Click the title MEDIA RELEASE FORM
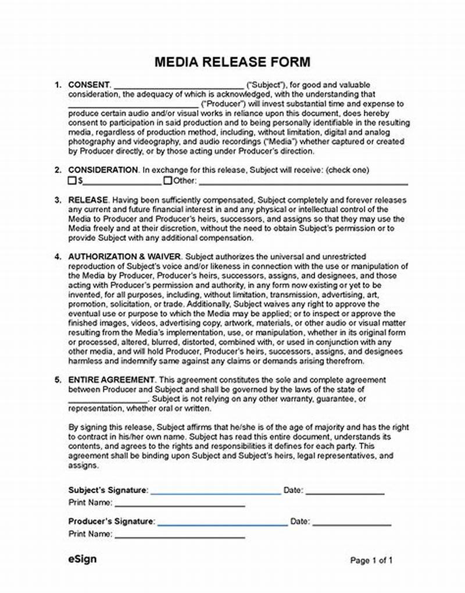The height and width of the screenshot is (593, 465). (x=233, y=62)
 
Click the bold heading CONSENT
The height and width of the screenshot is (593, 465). (x=89, y=85)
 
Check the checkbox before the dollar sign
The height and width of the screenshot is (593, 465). (x=73, y=180)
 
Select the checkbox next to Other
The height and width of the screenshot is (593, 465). (x=167, y=180)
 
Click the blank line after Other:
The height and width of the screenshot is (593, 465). (x=303, y=183)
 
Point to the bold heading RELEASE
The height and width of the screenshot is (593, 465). (x=88, y=200)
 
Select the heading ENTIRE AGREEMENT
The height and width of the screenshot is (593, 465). (x=112, y=380)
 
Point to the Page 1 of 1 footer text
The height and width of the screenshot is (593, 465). (x=371, y=560)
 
